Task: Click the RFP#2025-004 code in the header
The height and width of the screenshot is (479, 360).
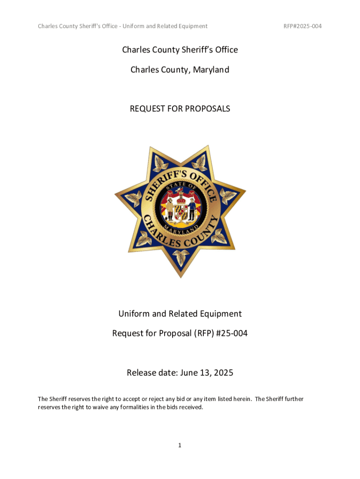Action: point(302,26)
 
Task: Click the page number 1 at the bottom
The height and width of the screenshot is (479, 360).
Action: point(180,445)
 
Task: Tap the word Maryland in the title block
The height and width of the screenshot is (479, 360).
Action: point(209,70)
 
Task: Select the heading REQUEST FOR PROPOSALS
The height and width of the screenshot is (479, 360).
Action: point(180,109)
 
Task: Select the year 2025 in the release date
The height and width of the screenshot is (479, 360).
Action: point(222,373)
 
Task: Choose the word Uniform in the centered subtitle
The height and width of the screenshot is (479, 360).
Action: point(134,314)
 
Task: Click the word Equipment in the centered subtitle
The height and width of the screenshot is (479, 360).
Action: point(220,314)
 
